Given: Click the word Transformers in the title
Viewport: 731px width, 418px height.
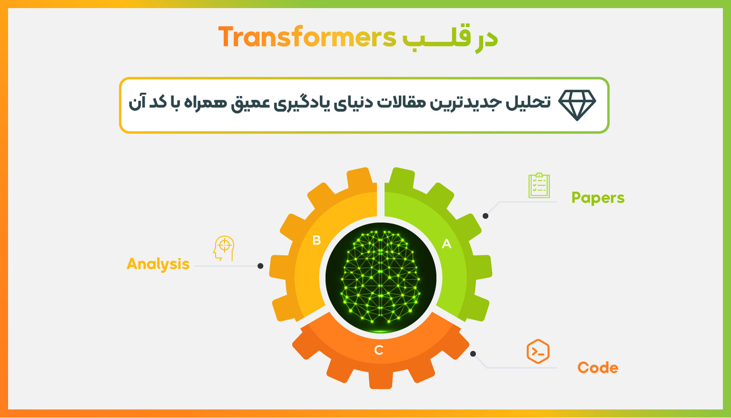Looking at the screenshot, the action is click(x=307, y=37).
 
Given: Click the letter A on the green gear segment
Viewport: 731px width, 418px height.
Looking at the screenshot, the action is click(x=446, y=243).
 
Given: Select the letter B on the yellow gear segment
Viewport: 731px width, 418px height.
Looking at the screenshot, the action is click(x=316, y=240).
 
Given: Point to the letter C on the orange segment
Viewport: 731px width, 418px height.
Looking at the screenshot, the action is click(x=378, y=350).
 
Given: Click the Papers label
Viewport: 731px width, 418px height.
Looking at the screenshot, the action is click(x=598, y=198).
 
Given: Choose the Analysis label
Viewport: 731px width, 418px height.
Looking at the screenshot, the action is click(x=158, y=264).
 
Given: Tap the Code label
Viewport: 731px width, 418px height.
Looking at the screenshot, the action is click(x=598, y=368).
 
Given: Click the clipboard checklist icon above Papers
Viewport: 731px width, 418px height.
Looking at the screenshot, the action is click(x=539, y=185).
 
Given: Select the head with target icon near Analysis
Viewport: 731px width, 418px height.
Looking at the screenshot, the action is click(x=224, y=248).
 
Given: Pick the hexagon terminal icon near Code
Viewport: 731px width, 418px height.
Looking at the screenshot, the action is click(x=538, y=351).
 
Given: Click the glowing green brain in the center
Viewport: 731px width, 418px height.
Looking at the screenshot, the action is click(x=381, y=278).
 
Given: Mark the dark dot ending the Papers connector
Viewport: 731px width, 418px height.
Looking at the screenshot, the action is click(x=485, y=216).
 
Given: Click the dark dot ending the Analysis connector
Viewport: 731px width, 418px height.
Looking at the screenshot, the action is click(x=260, y=266).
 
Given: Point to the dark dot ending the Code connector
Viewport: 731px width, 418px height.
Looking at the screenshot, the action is click(x=473, y=354).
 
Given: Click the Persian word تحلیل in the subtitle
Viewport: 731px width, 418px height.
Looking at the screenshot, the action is click(x=528, y=102).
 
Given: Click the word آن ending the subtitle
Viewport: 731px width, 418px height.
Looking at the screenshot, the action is click(x=137, y=102).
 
